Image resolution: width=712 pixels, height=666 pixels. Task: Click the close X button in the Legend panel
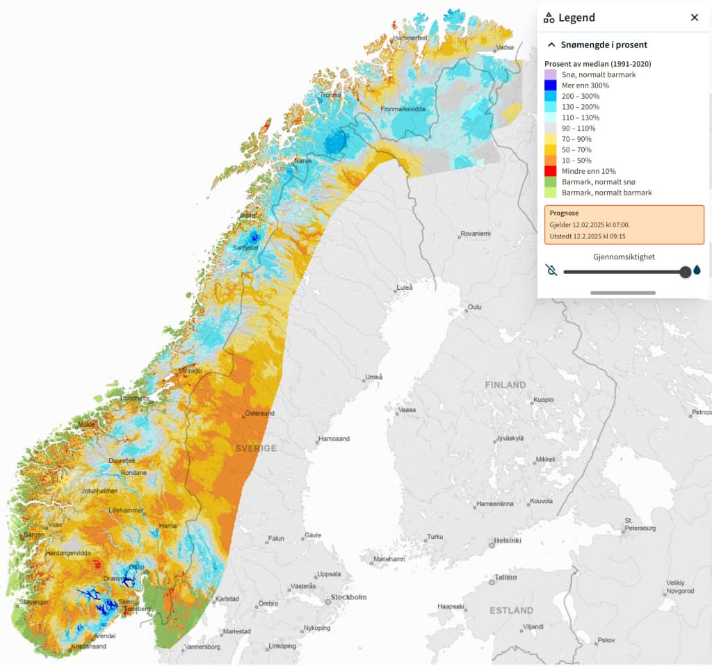click(x=694, y=17)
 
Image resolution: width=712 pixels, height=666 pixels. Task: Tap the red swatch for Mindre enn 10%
click(x=550, y=171)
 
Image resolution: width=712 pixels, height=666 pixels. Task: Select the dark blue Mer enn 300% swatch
click(x=550, y=86)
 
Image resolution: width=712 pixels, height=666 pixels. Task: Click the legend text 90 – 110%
click(x=578, y=129)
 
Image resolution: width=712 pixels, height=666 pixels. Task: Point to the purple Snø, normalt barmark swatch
click(x=550, y=74)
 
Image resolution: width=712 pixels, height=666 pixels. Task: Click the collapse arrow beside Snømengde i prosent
click(x=551, y=44)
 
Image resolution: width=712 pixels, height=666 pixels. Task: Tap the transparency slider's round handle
click(x=685, y=271)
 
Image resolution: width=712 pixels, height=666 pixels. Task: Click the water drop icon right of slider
click(x=697, y=270)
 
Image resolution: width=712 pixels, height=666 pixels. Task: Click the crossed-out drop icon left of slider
click(x=551, y=270)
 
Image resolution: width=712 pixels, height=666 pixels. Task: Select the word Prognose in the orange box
click(x=564, y=213)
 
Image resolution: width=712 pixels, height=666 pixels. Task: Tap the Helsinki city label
click(x=507, y=540)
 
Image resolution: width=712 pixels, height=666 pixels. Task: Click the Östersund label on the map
click(x=259, y=414)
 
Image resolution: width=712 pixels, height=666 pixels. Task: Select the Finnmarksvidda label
click(x=403, y=110)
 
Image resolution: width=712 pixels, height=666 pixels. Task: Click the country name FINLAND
click(x=505, y=384)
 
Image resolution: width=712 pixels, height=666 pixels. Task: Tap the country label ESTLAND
click(x=511, y=610)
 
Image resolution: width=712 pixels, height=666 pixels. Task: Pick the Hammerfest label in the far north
click(x=410, y=38)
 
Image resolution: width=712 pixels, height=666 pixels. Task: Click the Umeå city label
click(x=373, y=377)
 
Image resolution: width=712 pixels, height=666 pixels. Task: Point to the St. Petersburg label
click(x=640, y=525)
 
